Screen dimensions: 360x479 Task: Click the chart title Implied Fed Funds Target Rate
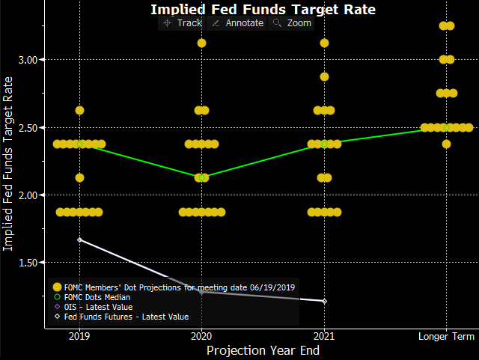tap(263, 10)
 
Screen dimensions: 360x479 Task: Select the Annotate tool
tap(237, 23)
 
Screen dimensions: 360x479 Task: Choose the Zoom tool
tap(292, 23)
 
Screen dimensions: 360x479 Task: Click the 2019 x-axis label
tap(79, 336)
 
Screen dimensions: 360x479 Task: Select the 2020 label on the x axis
tap(201, 336)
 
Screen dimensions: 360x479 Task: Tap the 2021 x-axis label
tap(324, 336)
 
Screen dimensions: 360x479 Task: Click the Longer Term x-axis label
tap(446, 336)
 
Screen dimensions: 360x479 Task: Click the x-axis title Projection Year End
tap(263, 350)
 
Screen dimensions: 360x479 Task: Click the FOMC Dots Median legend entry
tap(98, 296)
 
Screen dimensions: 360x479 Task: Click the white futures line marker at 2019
tap(79, 240)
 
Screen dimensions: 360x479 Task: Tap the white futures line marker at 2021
tap(324, 301)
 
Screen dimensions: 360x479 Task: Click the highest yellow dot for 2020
tap(201, 43)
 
